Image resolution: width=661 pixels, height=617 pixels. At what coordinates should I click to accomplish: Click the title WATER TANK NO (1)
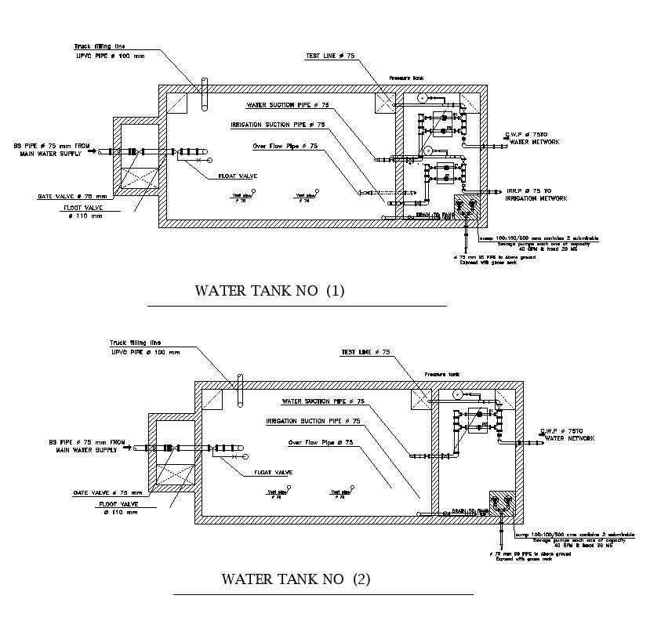(x=270, y=291)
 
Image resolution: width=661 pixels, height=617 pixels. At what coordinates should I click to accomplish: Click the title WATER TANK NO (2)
(x=296, y=580)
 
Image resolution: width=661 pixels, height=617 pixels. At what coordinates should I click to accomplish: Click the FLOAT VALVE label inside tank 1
(x=238, y=176)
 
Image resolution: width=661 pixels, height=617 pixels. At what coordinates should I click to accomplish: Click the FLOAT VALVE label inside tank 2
(x=273, y=473)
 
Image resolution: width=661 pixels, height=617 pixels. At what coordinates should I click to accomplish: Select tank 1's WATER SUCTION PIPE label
(x=288, y=105)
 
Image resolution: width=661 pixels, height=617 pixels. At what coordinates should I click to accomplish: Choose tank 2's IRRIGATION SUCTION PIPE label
(x=313, y=421)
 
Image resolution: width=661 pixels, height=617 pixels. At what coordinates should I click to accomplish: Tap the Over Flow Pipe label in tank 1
(x=285, y=146)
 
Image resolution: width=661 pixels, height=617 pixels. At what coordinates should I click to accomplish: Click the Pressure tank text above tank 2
(x=440, y=374)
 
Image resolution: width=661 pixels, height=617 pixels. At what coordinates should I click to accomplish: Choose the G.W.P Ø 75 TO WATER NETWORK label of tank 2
(x=565, y=435)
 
